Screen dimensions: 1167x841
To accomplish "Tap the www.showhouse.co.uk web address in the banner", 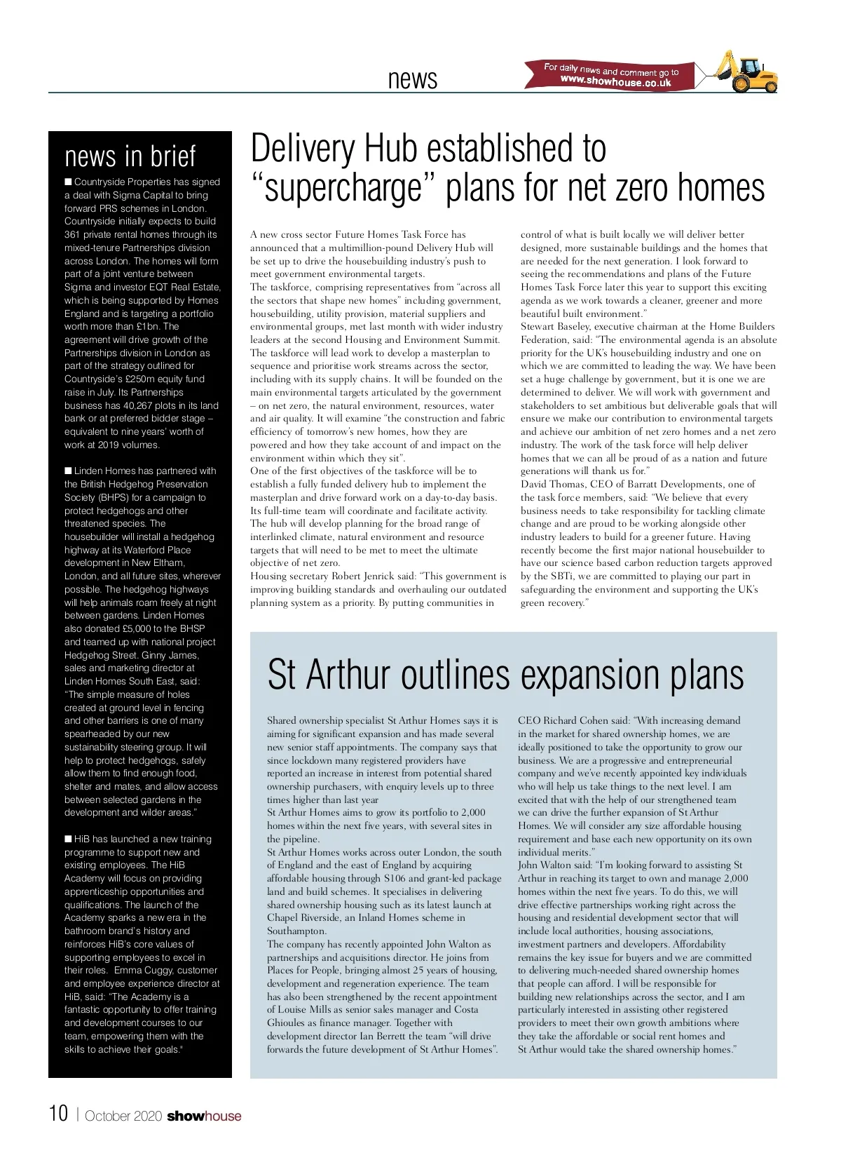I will [615, 82].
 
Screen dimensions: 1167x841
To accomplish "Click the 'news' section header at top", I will [412, 79].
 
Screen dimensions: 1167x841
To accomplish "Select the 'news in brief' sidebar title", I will [130, 156].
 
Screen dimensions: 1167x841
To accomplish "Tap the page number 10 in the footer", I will [58, 1114].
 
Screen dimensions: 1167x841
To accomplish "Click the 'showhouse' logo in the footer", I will [203, 1116].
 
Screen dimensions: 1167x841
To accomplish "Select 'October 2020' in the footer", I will [123, 1117].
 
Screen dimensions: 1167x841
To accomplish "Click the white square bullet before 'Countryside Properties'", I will [68, 182].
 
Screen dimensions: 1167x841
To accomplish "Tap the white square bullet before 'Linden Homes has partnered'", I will [68, 471].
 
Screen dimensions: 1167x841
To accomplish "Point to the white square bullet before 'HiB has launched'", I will [68, 839].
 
